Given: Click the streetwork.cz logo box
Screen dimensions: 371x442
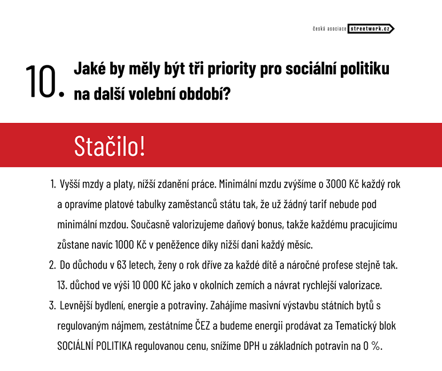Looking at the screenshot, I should click(x=371, y=29).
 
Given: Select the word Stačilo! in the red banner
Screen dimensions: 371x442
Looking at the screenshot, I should click(x=110, y=146).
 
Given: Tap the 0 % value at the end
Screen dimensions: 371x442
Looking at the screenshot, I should click(x=372, y=346).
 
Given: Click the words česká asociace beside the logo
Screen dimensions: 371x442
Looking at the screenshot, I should click(x=330, y=29).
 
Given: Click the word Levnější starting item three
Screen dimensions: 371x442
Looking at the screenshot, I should click(x=77, y=306).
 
